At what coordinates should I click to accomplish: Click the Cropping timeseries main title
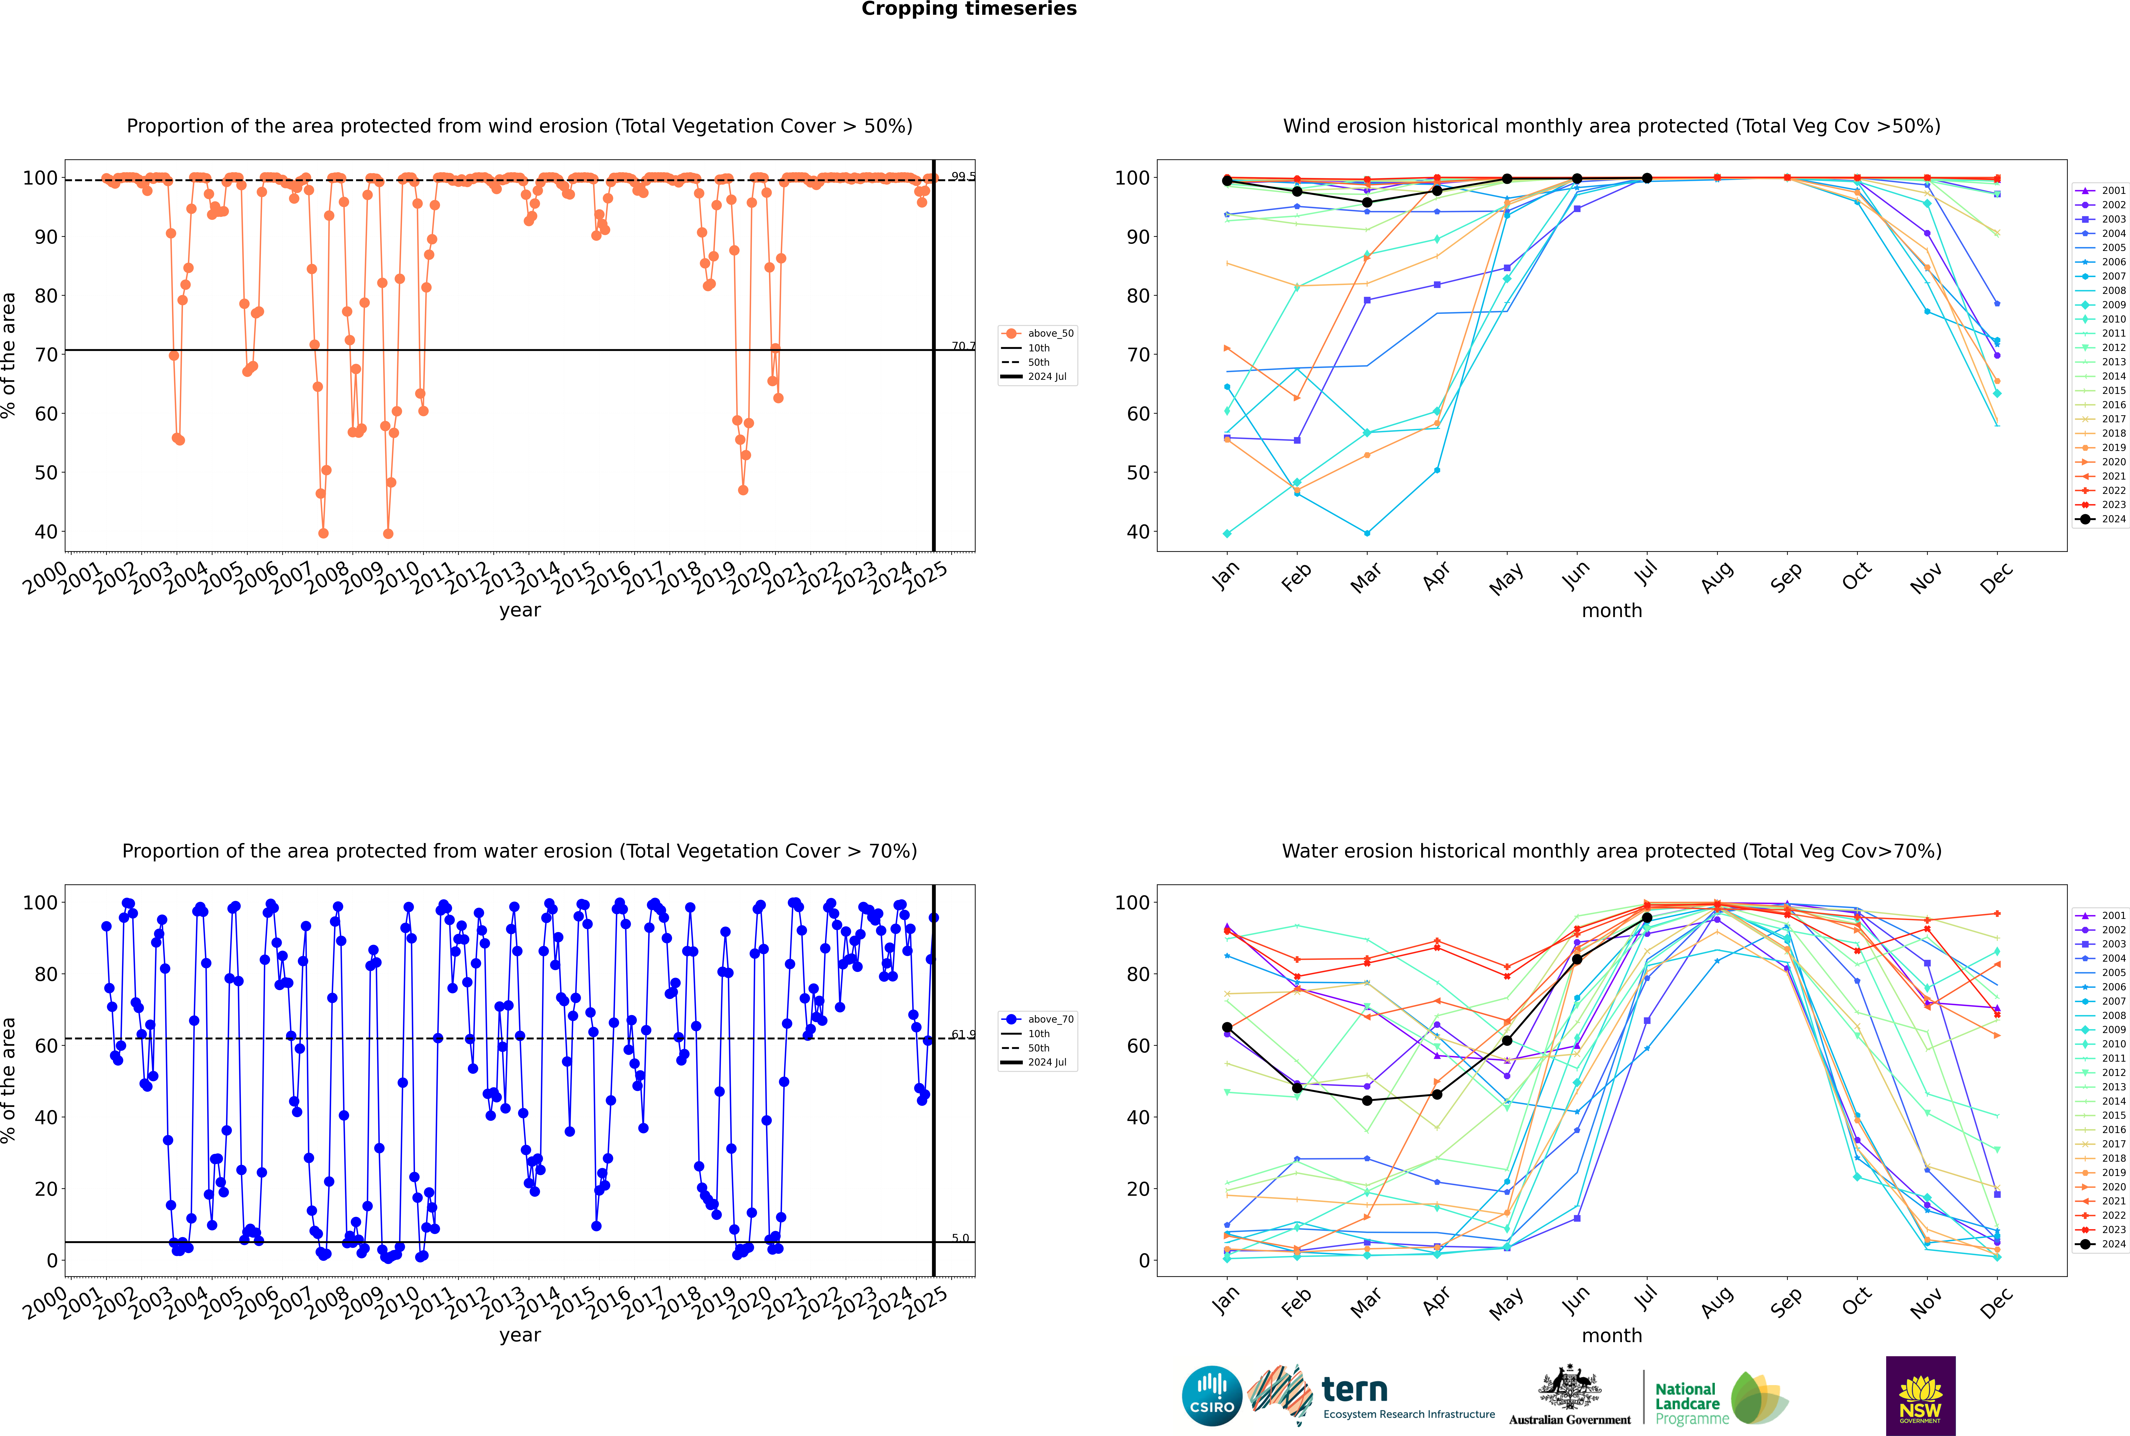click(969, 9)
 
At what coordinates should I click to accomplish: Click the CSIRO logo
click(1211, 1397)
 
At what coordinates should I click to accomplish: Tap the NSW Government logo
click(1920, 1395)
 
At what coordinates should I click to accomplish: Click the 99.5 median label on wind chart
click(962, 177)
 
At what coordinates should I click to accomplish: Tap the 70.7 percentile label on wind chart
click(962, 346)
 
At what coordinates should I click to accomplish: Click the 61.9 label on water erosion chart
click(962, 1035)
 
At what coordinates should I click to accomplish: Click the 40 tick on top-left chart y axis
click(46, 532)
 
